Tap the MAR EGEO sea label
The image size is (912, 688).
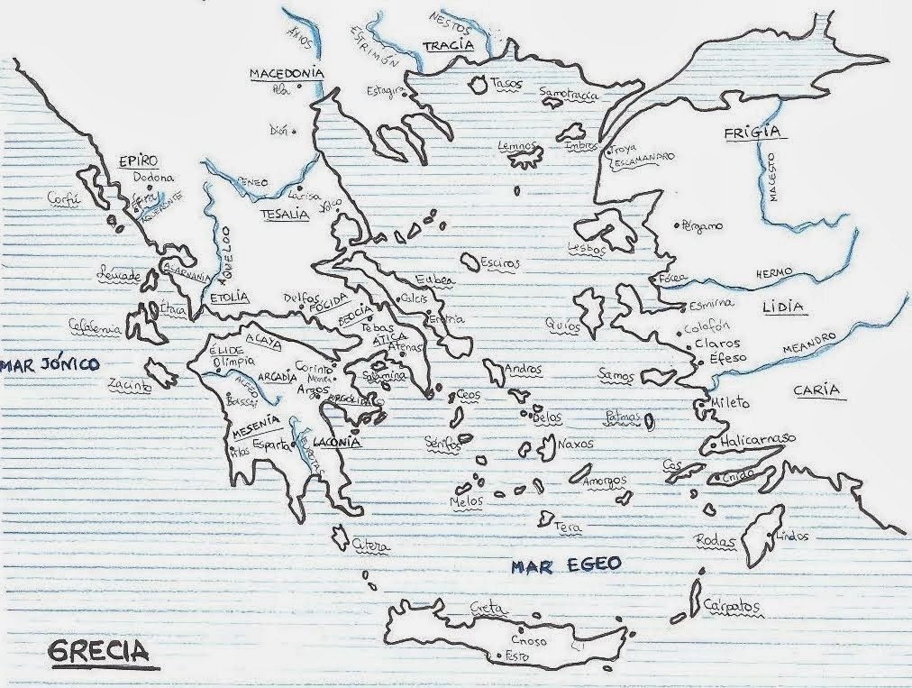pos(566,565)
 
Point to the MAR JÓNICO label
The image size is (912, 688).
pos(49,364)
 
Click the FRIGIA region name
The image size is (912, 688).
pos(750,133)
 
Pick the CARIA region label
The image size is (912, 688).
pos(816,390)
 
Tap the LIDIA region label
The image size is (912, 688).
pos(781,307)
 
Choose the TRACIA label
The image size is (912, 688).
pos(450,47)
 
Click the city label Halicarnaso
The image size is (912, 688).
pos(758,439)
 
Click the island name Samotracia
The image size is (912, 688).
pos(569,93)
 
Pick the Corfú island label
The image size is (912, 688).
pos(64,199)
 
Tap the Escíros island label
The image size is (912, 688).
pos(500,263)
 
